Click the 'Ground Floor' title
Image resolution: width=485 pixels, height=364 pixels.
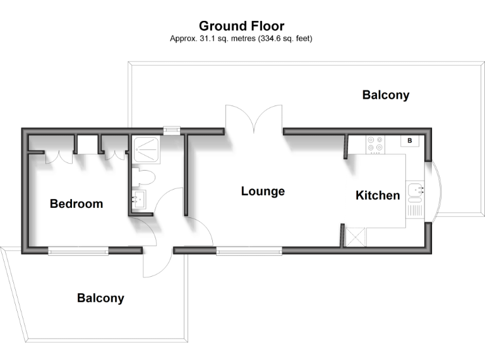tap(242, 26)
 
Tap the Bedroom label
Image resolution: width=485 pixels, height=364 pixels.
tap(76, 203)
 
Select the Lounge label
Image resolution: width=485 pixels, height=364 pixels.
tap(263, 191)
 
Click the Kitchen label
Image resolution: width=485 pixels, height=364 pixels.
tap(378, 195)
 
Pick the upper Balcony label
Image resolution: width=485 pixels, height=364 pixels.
tap(385, 95)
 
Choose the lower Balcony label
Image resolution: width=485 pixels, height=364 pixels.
tap(100, 298)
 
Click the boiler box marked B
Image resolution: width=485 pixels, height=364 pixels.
tap(409, 140)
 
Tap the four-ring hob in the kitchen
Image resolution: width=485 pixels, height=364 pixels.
tap(375, 145)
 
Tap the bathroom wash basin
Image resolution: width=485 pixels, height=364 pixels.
tap(139, 200)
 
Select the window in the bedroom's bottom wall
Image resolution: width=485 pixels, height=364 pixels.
tap(78, 251)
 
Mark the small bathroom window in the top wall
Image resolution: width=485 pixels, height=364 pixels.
tap(171, 131)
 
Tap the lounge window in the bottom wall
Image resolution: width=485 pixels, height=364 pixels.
tap(249, 251)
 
